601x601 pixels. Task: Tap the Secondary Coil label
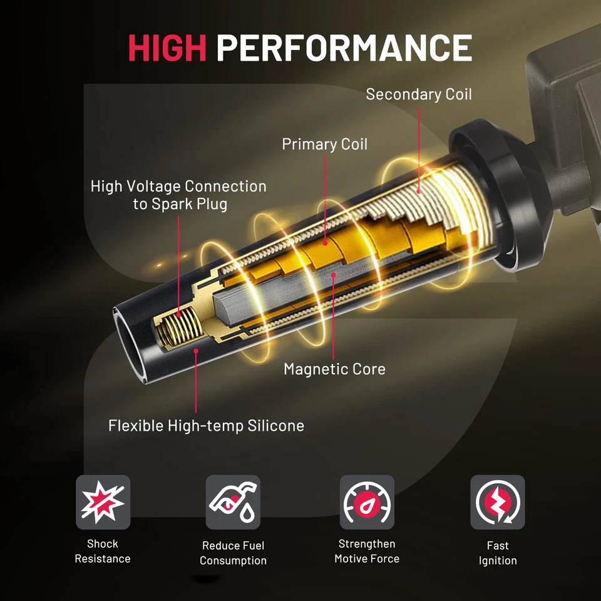[418, 95]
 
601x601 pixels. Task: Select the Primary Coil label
[324, 144]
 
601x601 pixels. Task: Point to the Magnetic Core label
[334, 369]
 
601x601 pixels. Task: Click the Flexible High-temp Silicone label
[206, 426]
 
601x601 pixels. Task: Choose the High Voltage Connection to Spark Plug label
[178, 195]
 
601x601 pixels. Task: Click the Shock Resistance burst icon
[103, 502]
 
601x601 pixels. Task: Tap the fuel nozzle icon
[233, 502]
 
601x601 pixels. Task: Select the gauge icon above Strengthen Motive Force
[367, 502]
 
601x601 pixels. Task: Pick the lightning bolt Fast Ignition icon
[497, 502]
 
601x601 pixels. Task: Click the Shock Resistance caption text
[103, 551]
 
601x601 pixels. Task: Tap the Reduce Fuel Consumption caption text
[233, 553]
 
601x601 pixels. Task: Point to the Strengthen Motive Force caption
[367, 551]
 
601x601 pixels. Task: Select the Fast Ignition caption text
[497, 553]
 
